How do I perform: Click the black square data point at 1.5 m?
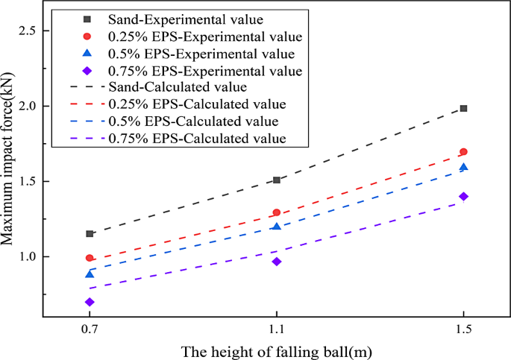(x=463, y=108)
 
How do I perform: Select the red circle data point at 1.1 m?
(x=277, y=212)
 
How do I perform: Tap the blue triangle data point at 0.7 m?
(x=90, y=274)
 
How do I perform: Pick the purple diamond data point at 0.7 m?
(x=90, y=302)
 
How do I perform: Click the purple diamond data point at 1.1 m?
(x=277, y=262)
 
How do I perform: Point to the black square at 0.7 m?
(x=90, y=233)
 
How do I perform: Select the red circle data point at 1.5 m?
(x=463, y=152)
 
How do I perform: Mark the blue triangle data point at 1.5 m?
(x=463, y=167)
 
